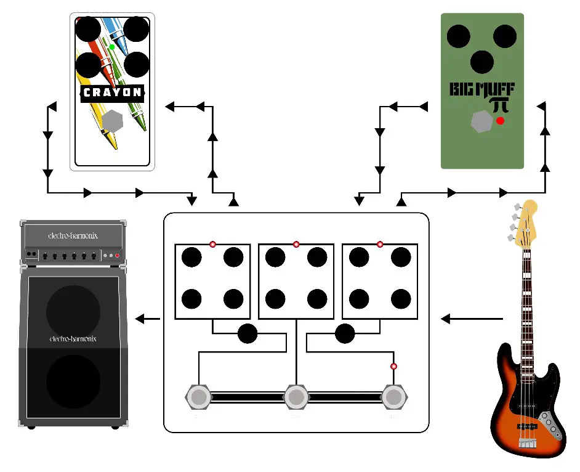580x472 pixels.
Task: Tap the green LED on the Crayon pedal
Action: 111,47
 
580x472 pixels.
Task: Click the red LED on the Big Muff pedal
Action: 500,121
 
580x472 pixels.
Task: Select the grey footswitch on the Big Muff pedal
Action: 481,121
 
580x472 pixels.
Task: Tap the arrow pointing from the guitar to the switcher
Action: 472,319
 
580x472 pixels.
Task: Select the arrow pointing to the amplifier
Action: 148,319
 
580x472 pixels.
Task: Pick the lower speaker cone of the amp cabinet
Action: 73,381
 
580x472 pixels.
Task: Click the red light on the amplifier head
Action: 117,255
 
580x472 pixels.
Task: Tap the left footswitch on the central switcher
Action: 199,397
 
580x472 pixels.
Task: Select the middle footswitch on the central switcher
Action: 296,397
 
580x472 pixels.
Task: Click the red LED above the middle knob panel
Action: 296,245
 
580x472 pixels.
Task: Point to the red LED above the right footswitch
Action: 394,367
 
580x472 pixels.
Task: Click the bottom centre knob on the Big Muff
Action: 481,62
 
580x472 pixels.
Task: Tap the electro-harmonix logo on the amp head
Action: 73,235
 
